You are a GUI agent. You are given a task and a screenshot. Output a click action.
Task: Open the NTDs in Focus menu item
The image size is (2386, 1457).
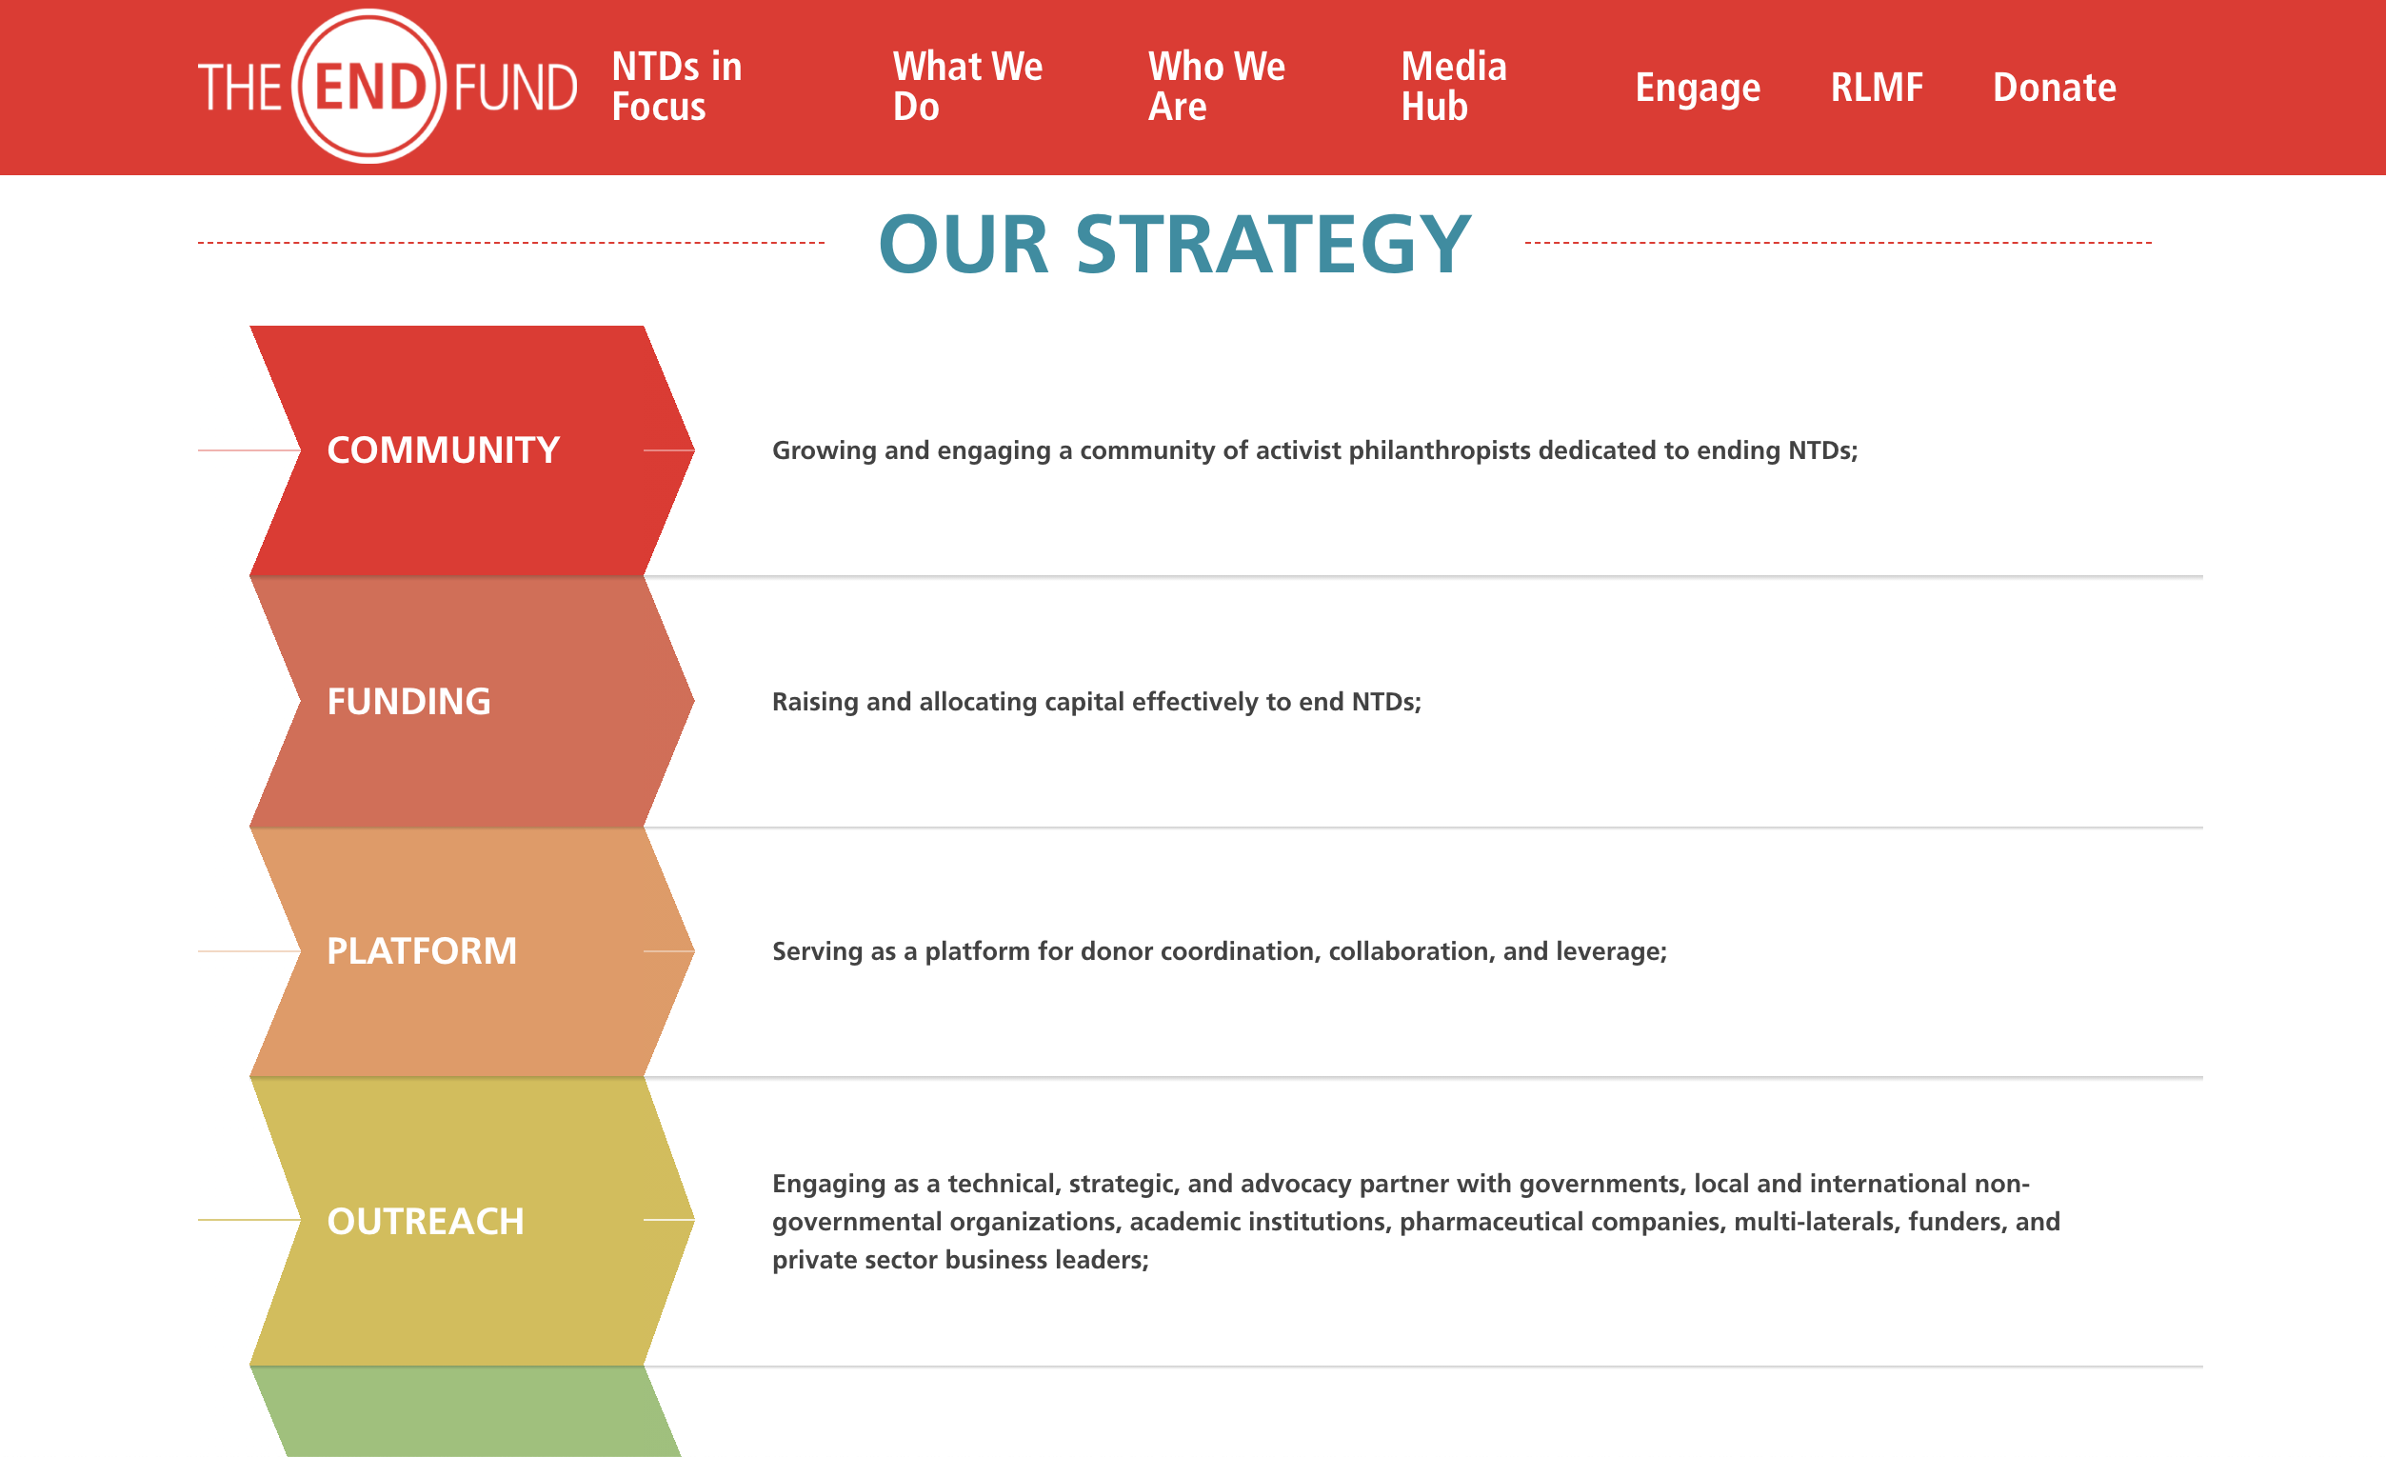tap(677, 87)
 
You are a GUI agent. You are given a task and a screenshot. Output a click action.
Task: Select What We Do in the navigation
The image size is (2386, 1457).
tap(967, 87)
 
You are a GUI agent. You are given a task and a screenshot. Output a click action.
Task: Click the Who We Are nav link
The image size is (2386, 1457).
tap(1216, 87)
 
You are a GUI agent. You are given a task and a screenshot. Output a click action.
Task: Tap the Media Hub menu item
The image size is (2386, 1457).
tap(1454, 87)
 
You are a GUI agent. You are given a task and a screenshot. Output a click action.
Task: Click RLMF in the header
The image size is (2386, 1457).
tap(1876, 88)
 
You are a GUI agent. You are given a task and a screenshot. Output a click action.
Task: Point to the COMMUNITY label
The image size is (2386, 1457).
tap(444, 450)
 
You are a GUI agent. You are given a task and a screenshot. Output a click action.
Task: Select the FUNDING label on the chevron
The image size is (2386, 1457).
tap(408, 702)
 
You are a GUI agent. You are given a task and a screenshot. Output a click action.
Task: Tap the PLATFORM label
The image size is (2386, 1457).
tap(421, 951)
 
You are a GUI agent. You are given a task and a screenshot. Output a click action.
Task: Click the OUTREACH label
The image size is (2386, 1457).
tap(425, 1221)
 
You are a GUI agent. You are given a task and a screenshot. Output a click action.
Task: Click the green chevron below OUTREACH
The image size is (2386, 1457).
tap(466, 1411)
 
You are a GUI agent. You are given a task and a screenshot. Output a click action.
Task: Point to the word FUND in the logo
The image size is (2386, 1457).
tap(515, 88)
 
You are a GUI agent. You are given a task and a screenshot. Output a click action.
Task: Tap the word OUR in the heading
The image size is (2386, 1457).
tap(964, 244)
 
